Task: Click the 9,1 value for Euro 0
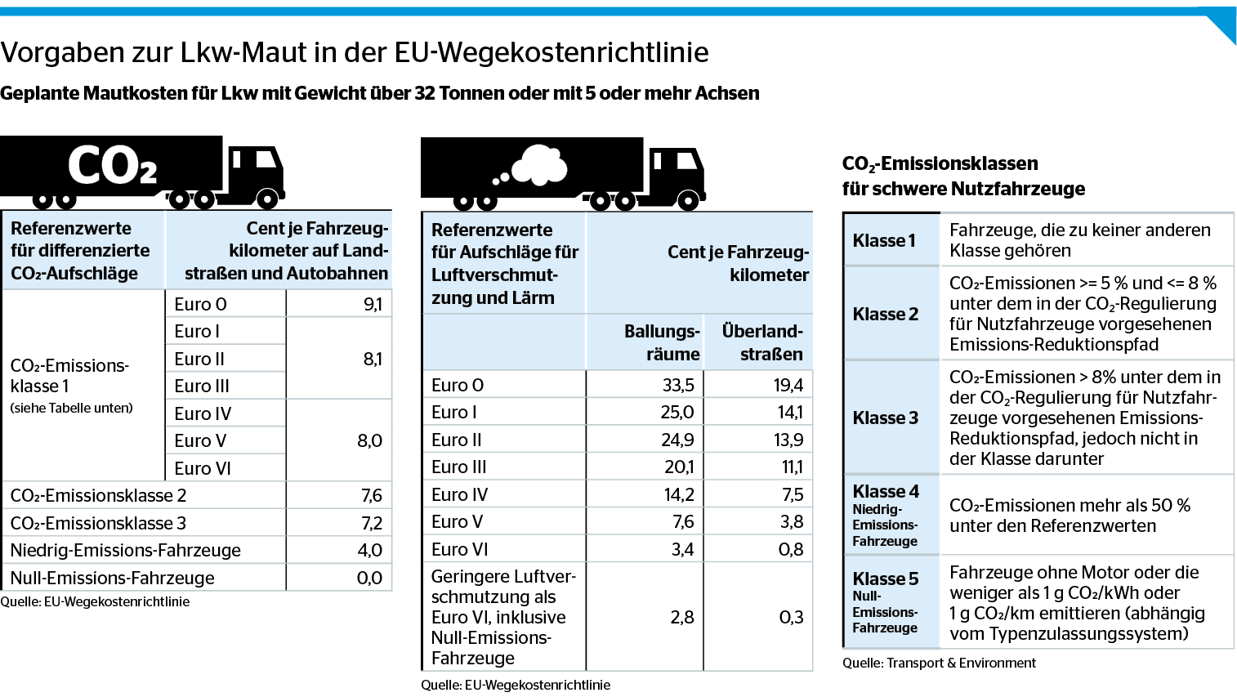click(373, 304)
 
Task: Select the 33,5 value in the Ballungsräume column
click(678, 385)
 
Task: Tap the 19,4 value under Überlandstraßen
click(788, 385)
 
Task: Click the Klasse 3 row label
click(886, 418)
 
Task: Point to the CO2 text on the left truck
click(113, 166)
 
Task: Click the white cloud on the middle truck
click(539, 165)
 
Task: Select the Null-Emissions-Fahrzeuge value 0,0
click(369, 578)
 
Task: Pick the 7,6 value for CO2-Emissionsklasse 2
click(371, 495)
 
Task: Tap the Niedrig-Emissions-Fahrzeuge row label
click(126, 550)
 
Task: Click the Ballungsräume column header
click(662, 342)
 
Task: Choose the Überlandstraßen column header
click(762, 342)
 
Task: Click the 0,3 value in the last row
click(791, 617)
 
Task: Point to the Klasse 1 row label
click(884, 240)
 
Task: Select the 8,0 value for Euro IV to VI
click(369, 440)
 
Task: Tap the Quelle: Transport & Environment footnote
click(939, 663)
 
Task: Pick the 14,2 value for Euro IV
click(678, 494)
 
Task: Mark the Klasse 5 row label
click(886, 579)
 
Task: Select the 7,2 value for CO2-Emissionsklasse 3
click(372, 523)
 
